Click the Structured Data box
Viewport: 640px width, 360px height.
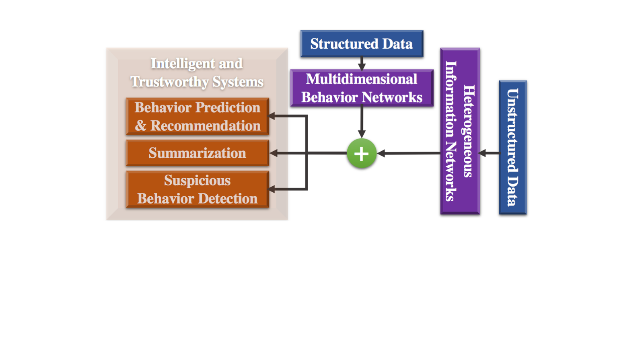click(x=362, y=44)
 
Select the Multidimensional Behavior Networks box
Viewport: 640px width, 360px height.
click(x=362, y=88)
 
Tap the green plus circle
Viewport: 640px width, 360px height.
click(x=362, y=153)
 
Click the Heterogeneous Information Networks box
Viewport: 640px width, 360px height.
click(x=460, y=131)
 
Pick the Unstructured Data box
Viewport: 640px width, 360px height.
click(x=513, y=148)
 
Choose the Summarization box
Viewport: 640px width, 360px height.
click(x=198, y=153)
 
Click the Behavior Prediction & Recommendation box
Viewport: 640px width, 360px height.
click(x=198, y=116)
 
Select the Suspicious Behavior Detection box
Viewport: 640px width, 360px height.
click(x=198, y=189)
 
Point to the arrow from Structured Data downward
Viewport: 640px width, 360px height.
click(x=362, y=64)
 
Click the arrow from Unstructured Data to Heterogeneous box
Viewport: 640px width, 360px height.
click(x=490, y=153)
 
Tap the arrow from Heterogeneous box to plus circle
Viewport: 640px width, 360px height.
click(x=409, y=153)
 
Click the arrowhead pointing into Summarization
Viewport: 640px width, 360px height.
click(x=273, y=153)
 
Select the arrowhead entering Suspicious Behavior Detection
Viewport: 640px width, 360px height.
click(x=272, y=189)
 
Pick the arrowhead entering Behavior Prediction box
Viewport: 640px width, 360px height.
click(x=272, y=116)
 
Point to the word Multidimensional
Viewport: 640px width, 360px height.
click(x=361, y=79)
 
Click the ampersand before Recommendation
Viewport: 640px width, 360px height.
click(x=140, y=126)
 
